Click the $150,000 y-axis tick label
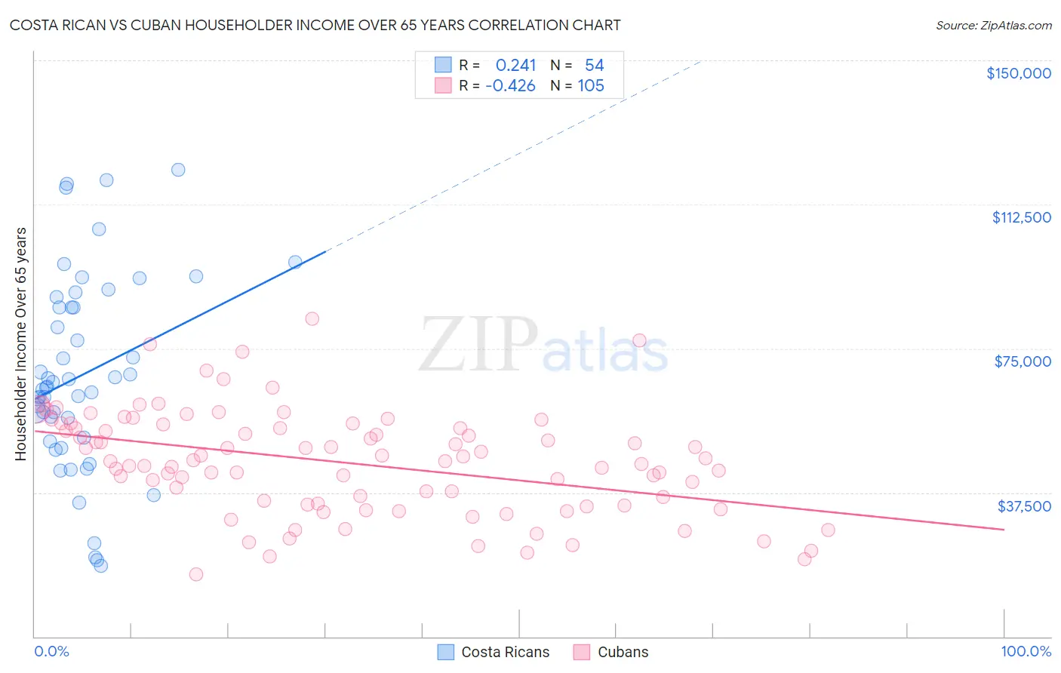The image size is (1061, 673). [x=1018, y=73]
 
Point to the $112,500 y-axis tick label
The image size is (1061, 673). [x=1021, y=217]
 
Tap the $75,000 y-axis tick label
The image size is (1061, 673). [x=1023, y=361]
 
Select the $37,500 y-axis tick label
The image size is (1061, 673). [x=1024, y=506]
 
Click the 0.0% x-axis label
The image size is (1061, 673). [x=51, y=652]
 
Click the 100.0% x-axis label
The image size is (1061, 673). [x=1026, y=652]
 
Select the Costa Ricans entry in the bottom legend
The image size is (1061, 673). [x=505, y=653]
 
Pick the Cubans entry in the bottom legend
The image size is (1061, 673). [x=623, y=653]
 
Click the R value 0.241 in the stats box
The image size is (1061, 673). [x=515, y=65]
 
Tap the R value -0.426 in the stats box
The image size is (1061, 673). [x=510, y=86]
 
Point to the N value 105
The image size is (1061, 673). [x=591, y=86]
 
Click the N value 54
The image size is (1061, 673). [x=594, y=65]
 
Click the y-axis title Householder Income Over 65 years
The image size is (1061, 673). [x=21, y=344]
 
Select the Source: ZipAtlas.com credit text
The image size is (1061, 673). [x=993, y=26]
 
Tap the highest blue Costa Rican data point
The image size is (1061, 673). [x=178, y=170]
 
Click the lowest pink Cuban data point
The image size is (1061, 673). [x=196, y=574]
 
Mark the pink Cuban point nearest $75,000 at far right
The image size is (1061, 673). [x=639, y=340]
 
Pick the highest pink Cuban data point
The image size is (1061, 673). [x=312, y=318]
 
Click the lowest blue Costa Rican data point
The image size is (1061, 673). [x=100, y=566]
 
